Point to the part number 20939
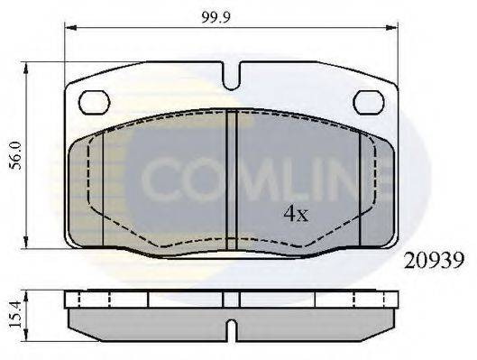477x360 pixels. click(434, 261)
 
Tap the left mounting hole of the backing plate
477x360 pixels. click(93, 102)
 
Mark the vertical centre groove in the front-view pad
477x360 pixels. click(232, 180)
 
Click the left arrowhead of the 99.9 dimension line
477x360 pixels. click(70, 28)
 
